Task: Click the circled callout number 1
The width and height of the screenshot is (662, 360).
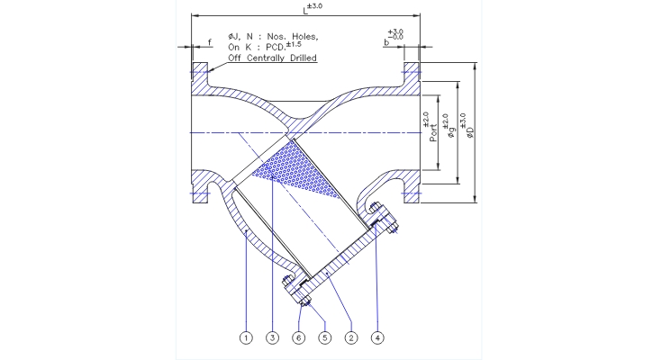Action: click(244, 338)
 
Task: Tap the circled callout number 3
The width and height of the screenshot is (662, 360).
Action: click(272, 338)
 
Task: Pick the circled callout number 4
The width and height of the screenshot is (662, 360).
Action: click(376, 338)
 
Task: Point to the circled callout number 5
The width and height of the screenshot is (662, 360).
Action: click(322, 338)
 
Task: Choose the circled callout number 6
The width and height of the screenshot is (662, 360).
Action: click(296, 338)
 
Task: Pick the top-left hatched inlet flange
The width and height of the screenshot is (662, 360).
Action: click(198, 73)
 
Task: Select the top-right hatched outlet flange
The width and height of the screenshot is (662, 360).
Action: click(412, 73)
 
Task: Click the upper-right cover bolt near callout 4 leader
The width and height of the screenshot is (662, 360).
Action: click(384, 219)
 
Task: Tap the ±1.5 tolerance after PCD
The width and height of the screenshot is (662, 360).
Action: click(293, 43)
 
